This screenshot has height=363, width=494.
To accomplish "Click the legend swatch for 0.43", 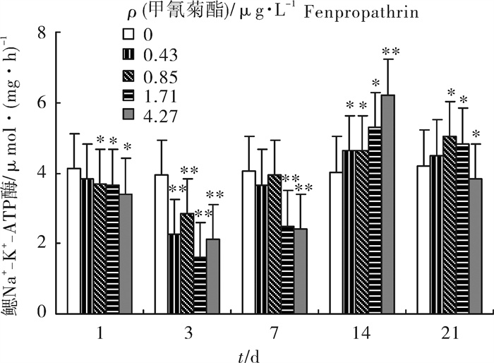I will pos(128,54).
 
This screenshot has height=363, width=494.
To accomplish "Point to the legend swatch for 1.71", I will pos(128,93).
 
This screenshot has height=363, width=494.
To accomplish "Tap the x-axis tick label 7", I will pos(274,331).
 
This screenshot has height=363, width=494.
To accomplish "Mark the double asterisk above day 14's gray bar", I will pos(390,52).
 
